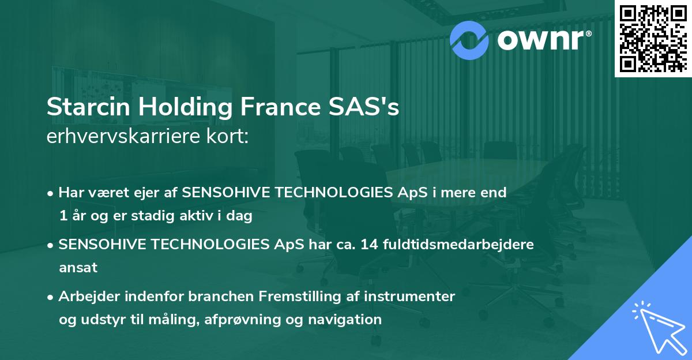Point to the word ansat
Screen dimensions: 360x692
click(78, 268)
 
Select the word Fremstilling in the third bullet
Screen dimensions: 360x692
click(295, 297)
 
